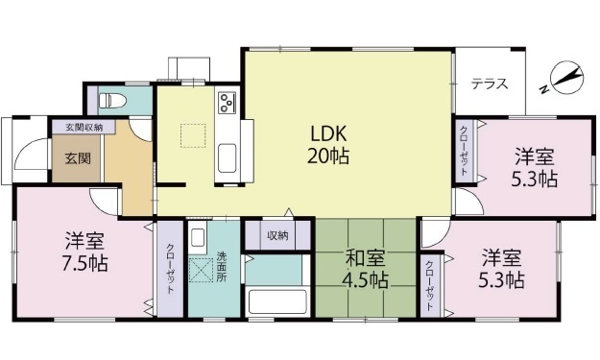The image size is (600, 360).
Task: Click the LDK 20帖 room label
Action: [328, 145]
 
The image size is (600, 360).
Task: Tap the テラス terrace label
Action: [490, 84]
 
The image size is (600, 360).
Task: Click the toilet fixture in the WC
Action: [112, 101]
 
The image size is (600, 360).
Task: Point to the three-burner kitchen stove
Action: [227, 103]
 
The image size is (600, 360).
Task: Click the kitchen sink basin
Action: [227, 158]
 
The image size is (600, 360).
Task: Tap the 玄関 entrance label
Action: [78, 158]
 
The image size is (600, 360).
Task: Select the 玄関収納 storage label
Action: [84, 127]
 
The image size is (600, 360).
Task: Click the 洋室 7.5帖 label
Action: [84, 252]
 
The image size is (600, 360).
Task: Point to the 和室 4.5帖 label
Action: [366, 269]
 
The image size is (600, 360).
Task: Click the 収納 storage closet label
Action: [277, 235]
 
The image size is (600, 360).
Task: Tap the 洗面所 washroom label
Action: [222, 267]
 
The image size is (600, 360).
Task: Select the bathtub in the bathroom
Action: [277, 301]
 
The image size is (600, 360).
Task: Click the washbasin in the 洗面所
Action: [198, 238]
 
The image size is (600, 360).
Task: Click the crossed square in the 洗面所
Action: [201, 271]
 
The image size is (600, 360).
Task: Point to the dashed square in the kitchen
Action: [193, 135]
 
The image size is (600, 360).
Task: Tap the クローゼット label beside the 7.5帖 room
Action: [170, 268]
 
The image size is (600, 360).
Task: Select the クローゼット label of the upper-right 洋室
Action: [464, 151]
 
